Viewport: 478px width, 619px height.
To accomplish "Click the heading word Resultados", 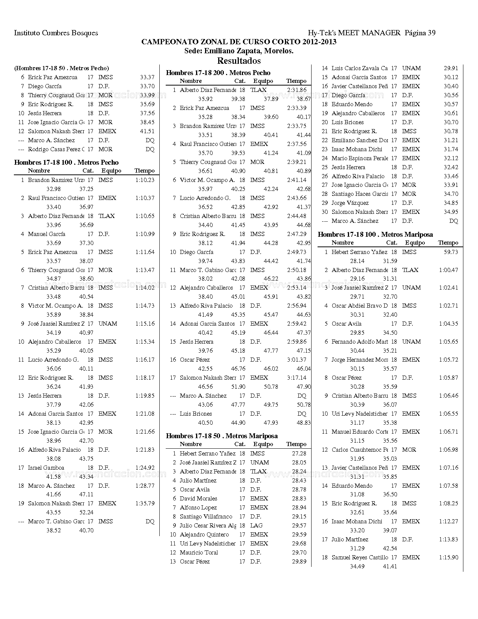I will [239, 61].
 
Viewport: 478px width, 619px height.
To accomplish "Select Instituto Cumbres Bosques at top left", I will [56, 33].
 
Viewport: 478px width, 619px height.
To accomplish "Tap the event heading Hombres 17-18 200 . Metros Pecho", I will [218, 73].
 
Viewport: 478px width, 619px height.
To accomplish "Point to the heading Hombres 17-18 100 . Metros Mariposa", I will [375, 234].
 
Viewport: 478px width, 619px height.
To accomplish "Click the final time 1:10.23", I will [145, 180].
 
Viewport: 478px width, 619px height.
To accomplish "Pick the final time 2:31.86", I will [297, 90].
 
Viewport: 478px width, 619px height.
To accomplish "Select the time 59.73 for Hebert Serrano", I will [451, 252].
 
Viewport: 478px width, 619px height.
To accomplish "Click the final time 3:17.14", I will [297, 378].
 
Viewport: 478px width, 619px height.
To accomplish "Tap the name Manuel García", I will [46, 234].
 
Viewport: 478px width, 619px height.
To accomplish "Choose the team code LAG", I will [256, 526].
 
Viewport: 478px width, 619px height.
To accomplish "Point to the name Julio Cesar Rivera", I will [208, 526].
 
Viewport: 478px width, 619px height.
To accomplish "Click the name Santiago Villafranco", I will [206, 517].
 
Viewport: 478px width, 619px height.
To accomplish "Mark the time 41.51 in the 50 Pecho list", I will [147, 131].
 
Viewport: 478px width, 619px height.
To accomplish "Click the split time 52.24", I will [86, 512].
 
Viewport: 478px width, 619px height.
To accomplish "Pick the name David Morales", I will [198, 499].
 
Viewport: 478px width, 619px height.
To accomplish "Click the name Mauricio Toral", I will [199, 553].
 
